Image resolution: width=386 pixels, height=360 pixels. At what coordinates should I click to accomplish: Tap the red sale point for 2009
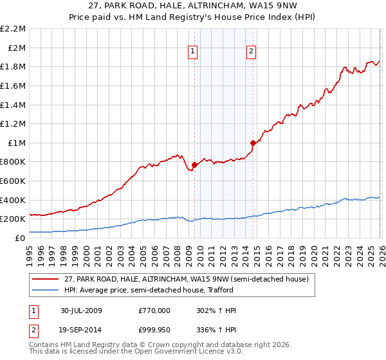194,165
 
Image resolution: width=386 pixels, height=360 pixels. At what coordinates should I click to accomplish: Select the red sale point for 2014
253,143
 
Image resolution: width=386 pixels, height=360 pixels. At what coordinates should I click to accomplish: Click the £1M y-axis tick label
17,143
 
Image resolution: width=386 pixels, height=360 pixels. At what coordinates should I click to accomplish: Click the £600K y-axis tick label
14,181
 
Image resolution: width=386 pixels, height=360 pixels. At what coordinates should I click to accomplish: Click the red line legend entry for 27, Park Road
187,279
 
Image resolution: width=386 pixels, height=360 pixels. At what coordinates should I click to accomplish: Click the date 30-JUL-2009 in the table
81,310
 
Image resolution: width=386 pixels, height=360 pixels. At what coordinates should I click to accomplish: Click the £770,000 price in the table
154,310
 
